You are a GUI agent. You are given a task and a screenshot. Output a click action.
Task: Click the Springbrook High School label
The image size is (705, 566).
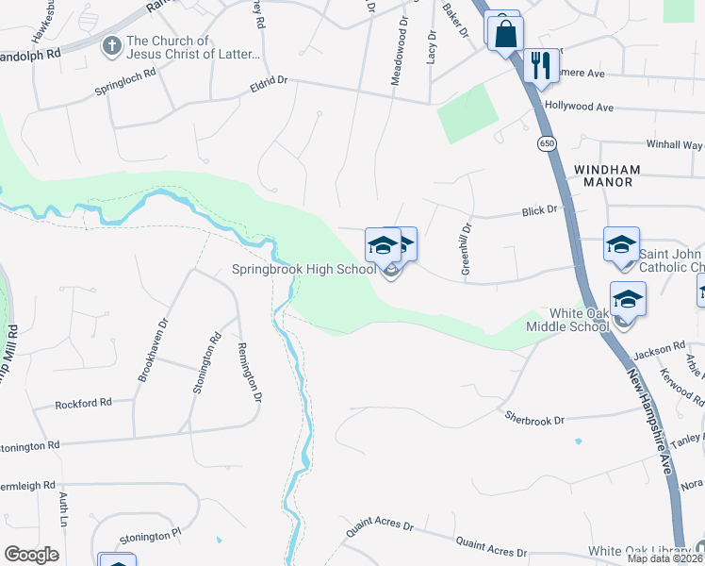click(x=303, y=270)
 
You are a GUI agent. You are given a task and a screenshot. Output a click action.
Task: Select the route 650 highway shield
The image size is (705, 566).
click(x=547, y=143)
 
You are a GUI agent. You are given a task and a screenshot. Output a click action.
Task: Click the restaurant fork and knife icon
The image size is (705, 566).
click(x=539, y=65)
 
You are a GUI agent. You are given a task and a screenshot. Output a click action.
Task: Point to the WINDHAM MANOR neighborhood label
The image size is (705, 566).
click(x=607, y=175)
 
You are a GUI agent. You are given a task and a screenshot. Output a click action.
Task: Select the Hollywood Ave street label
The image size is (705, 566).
click(x=579, y=108)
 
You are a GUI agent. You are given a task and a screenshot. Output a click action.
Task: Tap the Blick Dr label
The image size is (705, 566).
click(x=540, y=211)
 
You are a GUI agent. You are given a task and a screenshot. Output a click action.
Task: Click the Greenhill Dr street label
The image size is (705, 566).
click(x=466, y=249)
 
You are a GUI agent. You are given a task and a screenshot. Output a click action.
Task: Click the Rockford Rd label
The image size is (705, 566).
click(x=83, y=403)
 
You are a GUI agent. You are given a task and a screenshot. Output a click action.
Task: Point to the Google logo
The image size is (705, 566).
click(x=31, y=555)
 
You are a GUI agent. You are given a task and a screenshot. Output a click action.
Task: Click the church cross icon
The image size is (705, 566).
click(x=112, y=45)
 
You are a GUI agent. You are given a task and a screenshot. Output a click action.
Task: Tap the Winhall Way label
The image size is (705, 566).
click(x=674, y=145)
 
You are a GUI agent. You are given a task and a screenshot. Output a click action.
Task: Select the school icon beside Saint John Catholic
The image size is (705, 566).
click(x=621, y=245)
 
